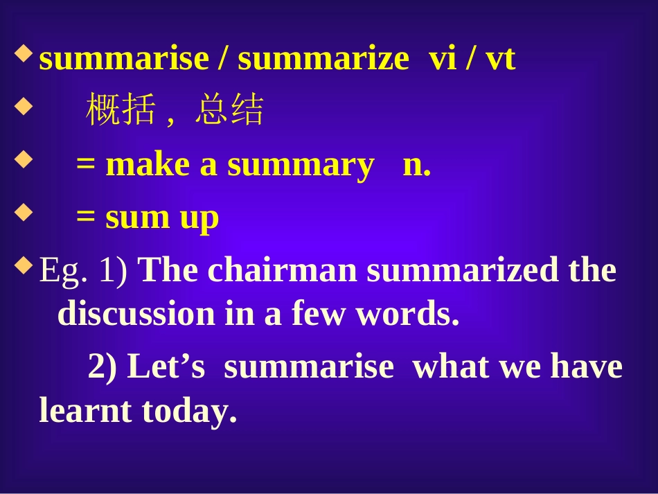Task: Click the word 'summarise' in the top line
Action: click(124, 59)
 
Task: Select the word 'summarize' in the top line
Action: click(323, 59)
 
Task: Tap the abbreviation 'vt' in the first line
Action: click(500, 59)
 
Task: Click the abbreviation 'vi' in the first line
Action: click(443, 59)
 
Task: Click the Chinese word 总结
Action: click(229, 110)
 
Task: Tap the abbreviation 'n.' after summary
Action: click(417, 165)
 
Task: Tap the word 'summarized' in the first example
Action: click(462, 270)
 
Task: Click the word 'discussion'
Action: click(136, 314)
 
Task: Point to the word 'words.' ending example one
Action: click(408, 314)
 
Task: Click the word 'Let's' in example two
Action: click(167, 367)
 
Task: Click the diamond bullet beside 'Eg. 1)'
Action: click(24, 264)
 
